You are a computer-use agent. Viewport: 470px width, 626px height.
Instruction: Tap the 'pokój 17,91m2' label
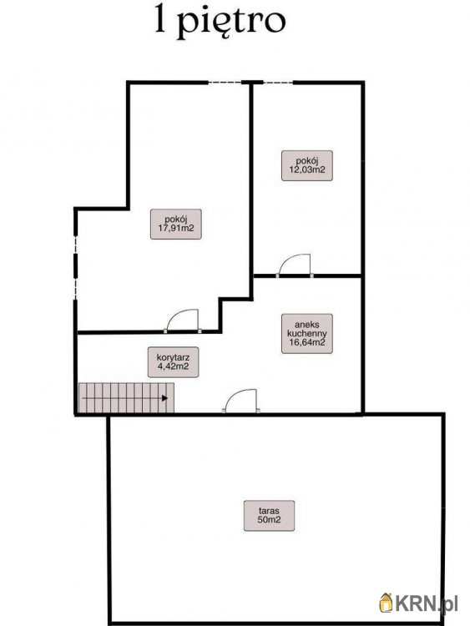(175, 224)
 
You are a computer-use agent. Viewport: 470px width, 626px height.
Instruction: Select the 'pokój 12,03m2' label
(306, 165)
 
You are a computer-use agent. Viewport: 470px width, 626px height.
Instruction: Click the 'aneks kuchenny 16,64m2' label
(306, 333)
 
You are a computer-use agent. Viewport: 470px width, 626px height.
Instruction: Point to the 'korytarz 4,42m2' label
(173, 362)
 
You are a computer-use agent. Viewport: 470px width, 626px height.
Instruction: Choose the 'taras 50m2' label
(269, 516)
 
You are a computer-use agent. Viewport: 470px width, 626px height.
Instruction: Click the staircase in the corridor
(126, 397)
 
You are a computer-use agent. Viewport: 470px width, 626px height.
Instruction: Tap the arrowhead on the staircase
(164, 397)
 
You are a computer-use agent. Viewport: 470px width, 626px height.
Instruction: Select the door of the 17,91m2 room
(183, 321)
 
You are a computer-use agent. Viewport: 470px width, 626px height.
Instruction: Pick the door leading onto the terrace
(241, 401)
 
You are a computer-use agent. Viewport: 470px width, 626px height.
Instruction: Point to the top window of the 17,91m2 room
(225, 83)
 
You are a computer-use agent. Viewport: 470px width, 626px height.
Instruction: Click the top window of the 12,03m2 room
(278, 83)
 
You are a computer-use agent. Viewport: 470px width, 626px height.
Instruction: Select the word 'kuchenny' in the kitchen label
(306, 333)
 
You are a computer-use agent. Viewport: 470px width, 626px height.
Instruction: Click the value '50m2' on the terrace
(269, 520)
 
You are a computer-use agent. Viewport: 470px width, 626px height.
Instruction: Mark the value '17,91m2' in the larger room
(175, 228)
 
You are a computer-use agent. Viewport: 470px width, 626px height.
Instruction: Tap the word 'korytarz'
(173, 357)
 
